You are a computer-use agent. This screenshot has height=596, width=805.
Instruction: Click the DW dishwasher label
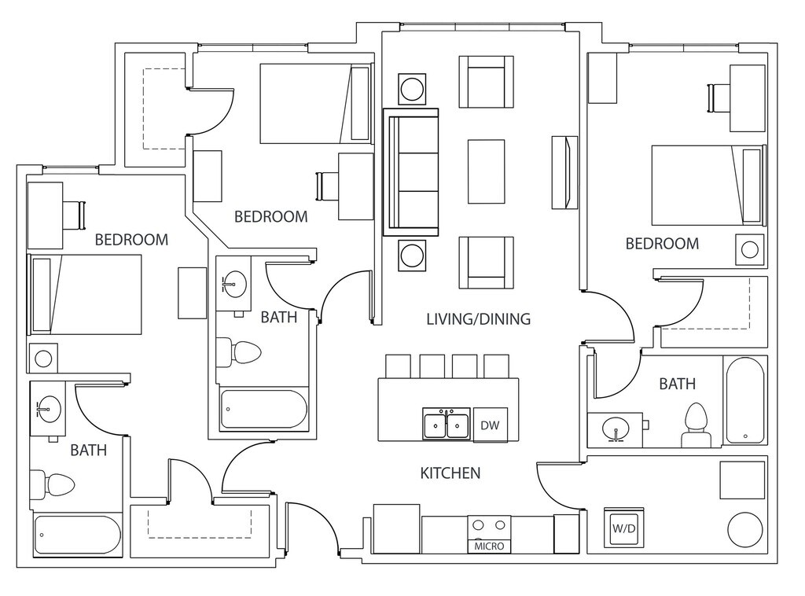coord(490,425)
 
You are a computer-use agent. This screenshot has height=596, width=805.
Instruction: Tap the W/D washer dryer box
coord(624,528)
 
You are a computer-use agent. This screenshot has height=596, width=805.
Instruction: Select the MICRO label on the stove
coord(489,546)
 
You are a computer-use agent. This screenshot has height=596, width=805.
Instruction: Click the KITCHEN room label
coord(450,473)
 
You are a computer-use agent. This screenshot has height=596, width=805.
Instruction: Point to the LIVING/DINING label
coord(478,319)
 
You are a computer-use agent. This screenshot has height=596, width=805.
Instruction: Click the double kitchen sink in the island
coord(446,425)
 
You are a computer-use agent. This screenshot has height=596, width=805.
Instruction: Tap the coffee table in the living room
coord(486,171)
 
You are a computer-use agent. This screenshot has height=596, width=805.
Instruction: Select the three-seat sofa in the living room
coord(410,171)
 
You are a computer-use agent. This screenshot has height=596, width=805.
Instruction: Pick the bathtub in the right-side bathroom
coord(744,400)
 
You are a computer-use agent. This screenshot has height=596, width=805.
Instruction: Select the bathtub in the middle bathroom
coord(263,409)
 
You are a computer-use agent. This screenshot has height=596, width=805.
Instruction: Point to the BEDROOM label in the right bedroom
coord(662,244)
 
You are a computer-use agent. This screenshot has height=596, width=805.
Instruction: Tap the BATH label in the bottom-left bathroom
coord(89,451)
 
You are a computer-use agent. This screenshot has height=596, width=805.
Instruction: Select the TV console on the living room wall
coord(564,172)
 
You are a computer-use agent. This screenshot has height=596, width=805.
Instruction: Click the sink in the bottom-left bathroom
coord(49,408)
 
